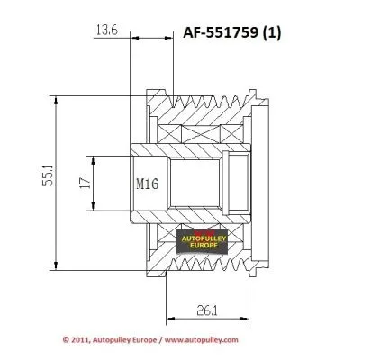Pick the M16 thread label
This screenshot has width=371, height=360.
[147, 184]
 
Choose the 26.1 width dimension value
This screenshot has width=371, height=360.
[206, 311]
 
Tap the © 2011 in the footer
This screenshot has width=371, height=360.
[77, 340]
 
